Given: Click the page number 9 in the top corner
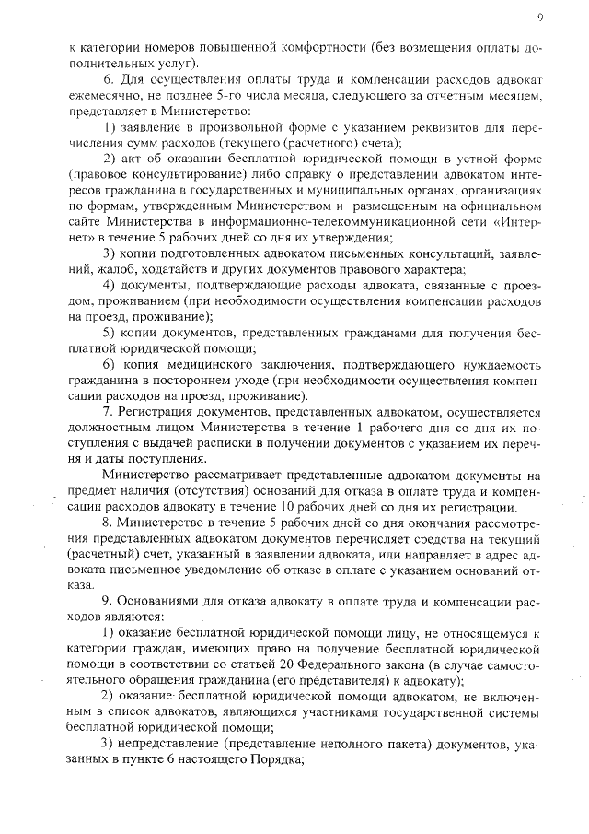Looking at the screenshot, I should (540, 18).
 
